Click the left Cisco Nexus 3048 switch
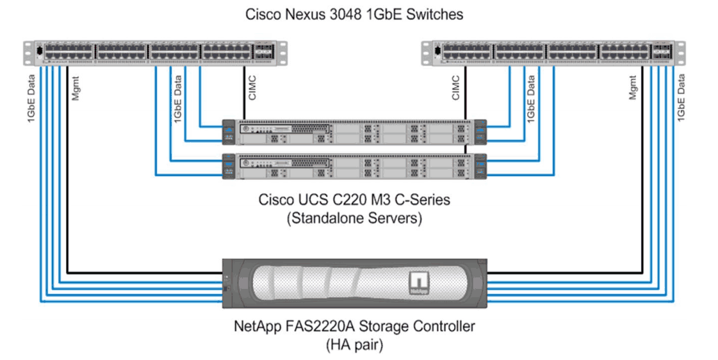point(155,53)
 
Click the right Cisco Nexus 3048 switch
point(553,53)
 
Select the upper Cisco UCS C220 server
point(354,133)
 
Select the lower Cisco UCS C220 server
point(354,166)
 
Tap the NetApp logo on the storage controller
point(418,284)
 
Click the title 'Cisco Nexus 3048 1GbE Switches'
point(354,14)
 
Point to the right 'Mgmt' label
point(632,88)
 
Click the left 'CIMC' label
point(252,88)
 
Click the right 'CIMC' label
point(455,88)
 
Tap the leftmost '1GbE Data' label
point(31,99)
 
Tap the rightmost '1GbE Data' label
point(681,98)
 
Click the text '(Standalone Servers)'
point(354,218)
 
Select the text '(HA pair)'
point(354,345)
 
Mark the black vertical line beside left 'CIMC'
point(244,92)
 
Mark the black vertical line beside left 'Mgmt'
point(67,170)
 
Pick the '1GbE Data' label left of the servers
point(177,99)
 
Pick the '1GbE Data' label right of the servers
point(531,99)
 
